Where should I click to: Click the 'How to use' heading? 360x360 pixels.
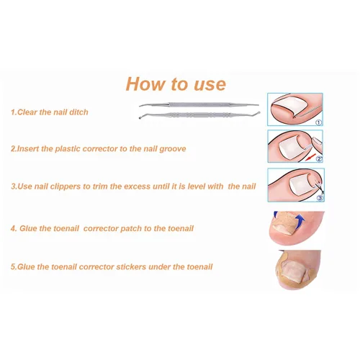click(x=176, y=84)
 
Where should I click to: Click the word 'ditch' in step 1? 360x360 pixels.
click(x=78, y=112)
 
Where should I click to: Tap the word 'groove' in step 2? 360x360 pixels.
click(x=173, y=149)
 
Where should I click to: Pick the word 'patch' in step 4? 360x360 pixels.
click(x=131, y=228)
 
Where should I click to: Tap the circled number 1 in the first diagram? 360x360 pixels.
click(x=318, y=122)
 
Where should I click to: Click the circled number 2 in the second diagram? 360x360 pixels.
click(x=319, y=159)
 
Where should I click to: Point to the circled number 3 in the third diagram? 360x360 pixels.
click(x=320, y=198)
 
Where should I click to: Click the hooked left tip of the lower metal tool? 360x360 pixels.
click(x=140, y=117)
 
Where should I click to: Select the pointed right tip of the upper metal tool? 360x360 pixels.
click(x=258, y=105)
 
